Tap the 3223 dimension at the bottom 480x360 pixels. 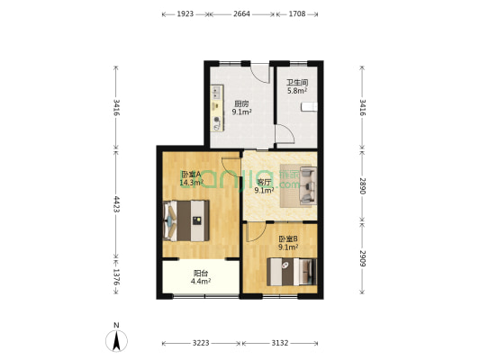200,343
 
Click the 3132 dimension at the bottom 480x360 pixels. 281,343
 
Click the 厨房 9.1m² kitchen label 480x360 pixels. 241,107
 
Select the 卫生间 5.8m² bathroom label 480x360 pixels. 297,87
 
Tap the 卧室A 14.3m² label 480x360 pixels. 190,178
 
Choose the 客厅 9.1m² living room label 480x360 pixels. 264,185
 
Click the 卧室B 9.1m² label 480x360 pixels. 288,243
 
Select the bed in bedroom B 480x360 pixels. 294,269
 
